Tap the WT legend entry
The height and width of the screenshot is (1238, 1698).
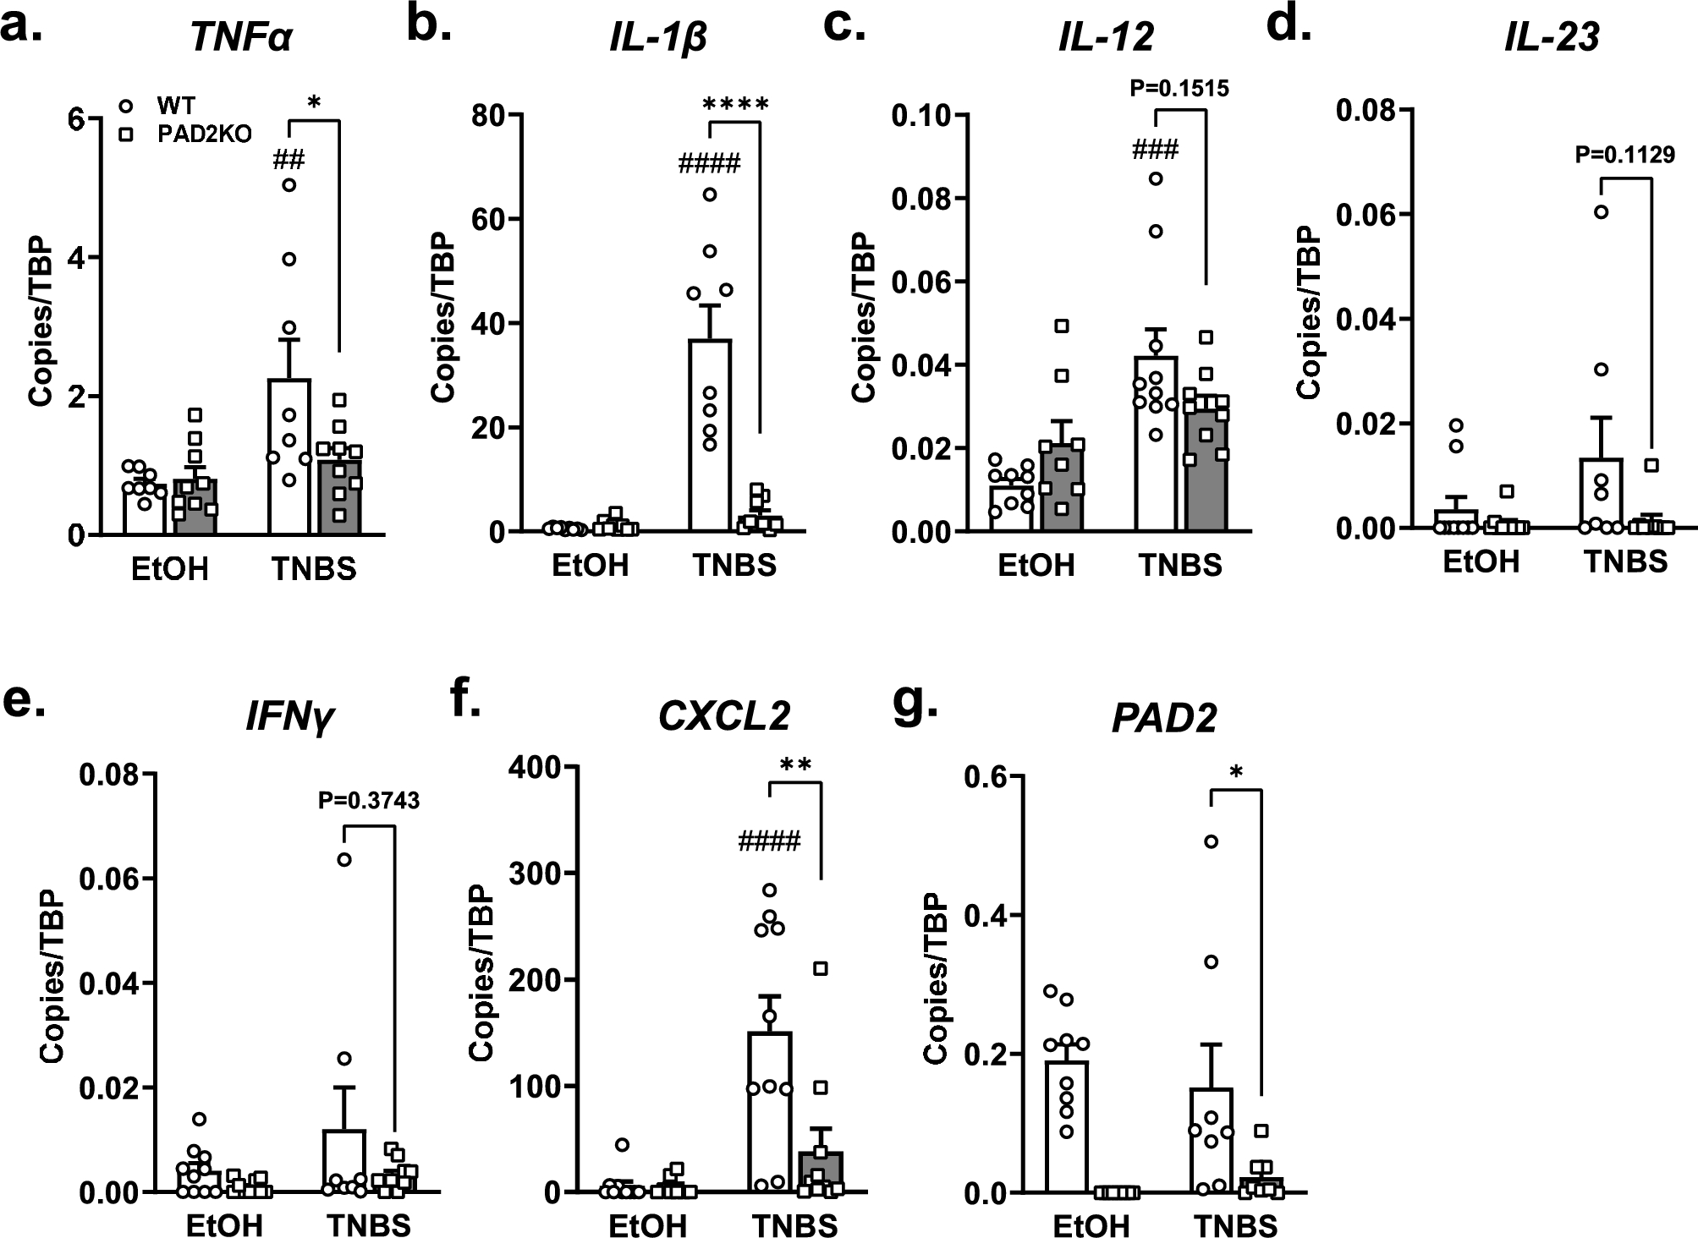[x=175, y=106]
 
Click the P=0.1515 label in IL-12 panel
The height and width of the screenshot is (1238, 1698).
[x=1180, y=88]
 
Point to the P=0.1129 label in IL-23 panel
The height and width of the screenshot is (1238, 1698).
[x=1625, y=154]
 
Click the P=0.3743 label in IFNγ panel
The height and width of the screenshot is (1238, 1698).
[x=369, y=800]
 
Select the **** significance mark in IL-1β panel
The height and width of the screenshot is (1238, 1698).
[x=735, y=105]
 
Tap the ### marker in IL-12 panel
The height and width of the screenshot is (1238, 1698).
[x=1156, y=151]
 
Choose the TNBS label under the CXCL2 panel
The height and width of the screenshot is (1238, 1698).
[x=795, y=1224]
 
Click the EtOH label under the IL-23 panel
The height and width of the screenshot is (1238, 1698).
[x=1481, y=561]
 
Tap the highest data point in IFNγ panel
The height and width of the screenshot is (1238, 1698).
[x=344, y=860]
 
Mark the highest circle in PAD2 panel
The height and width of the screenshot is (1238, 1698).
[x=1211, y=841]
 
